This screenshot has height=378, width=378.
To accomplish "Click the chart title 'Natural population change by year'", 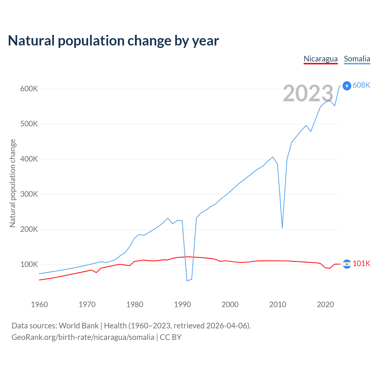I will tap(113, 41).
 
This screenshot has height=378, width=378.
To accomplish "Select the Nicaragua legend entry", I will tap(320, 59).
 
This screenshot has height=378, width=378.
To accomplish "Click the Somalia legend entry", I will tap(357, 59).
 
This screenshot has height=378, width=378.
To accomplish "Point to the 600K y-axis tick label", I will tap(29, 89).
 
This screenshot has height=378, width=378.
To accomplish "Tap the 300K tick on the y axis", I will tap(29, 194).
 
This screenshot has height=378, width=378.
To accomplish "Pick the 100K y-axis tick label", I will tap(29, 264).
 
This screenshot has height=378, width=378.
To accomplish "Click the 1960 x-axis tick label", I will tap(39, 304).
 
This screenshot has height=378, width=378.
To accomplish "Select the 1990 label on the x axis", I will tap(182, 304).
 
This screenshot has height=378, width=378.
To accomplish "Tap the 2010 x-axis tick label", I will tap(278, 304).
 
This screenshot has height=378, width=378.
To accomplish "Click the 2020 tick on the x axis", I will tap(325, 304).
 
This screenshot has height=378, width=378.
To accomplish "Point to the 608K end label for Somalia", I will tap(361, 85).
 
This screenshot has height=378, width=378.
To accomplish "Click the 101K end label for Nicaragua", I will tap(361, 263).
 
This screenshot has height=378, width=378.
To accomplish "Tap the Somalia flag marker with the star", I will tap(347, 86).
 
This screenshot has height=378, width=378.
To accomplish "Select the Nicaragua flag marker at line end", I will tap(347, 264).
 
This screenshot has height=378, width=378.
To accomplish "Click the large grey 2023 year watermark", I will tap(308, 93).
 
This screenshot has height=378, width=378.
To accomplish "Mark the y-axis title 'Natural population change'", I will tap(12, 183).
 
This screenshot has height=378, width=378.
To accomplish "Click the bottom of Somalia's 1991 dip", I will tap(187, 281).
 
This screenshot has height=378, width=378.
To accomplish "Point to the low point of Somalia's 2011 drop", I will tap(282, 228).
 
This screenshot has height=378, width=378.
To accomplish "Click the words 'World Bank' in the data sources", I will tap(79, 326).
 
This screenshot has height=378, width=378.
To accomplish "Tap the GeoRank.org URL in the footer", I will tap(83, 337).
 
